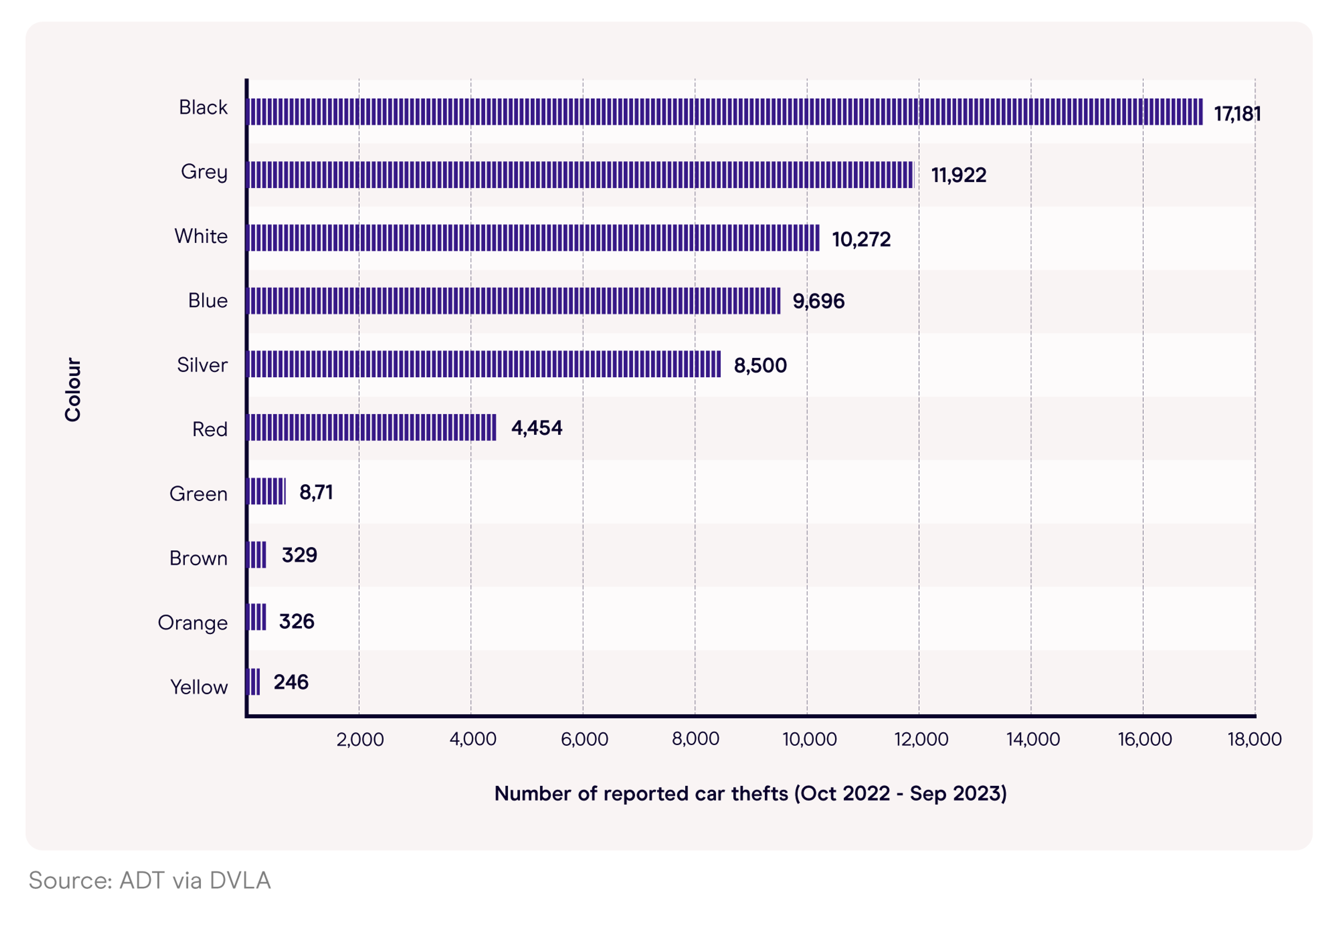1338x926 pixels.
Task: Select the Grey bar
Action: tap(579, 174)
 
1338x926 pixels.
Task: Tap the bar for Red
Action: tap(371, 428)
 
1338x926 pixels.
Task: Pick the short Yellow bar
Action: tap(253, 682)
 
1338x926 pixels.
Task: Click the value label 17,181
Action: tap(1237, 114)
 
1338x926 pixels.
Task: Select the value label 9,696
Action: tap(818, 301)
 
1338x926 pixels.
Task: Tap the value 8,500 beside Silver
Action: tap(760, 366)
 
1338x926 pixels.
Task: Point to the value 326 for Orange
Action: tap(297, 621)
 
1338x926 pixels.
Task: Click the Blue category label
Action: tap(208, 301)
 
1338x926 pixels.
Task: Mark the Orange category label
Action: tap(193, 623)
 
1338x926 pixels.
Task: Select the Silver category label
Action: tap(202, 365)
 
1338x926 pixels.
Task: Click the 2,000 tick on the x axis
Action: tap(360, 739)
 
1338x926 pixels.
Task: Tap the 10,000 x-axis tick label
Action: tap(809, 739)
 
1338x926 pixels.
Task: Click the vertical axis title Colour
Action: tap(72, 389)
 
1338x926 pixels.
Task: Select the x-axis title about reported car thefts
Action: tap(750, 793)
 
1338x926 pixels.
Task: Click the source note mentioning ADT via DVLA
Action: tap(150, 880)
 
